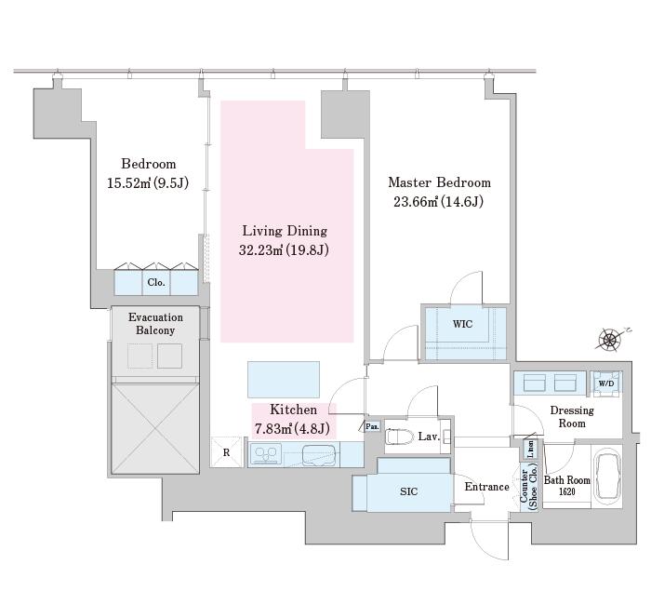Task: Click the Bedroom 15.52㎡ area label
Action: click(x=148, y=173)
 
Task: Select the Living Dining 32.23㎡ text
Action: click(x=285, y=240)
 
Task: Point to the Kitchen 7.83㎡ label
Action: click(x=293, y=419)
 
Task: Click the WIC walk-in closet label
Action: click(x=462, y=324)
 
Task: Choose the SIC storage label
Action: click(x=408, y=491)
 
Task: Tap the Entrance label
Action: click(x=486, y=487)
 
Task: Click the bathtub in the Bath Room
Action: click(x=608, y=477)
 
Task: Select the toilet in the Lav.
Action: click(x=400, y=437)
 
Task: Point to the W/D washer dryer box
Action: click(x=606, y=383)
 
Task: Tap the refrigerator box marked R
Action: click(x=226, y=452)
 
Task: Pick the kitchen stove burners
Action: click(x=266, y=454)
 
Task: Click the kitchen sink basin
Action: click(x=319, y=455)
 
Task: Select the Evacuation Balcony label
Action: click(x=155, y=324)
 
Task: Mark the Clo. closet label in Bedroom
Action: click(x=156, y=283)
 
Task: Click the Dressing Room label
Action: click(x=572, y=417)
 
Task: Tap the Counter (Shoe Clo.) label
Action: click(x=528, y=487)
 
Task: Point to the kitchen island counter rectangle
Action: click(x=284, y=380)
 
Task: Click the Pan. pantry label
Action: click(x=372, y=426)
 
